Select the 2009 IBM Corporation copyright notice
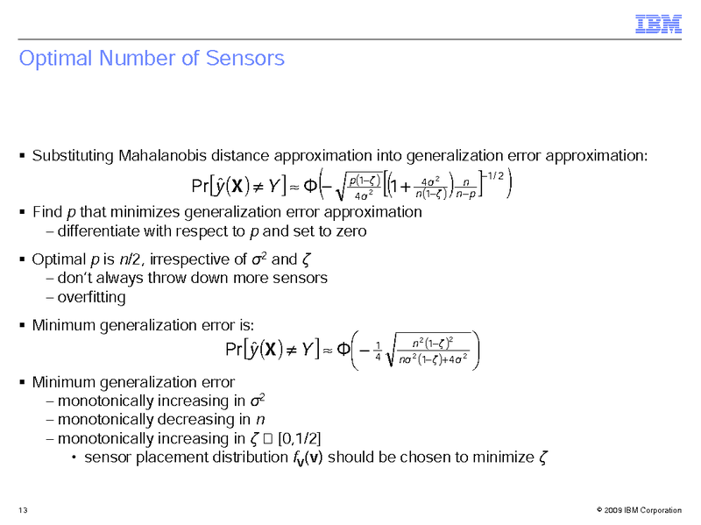[x=637, y=510]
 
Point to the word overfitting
[x=90, y=297]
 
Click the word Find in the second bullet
[x=46, y=212]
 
